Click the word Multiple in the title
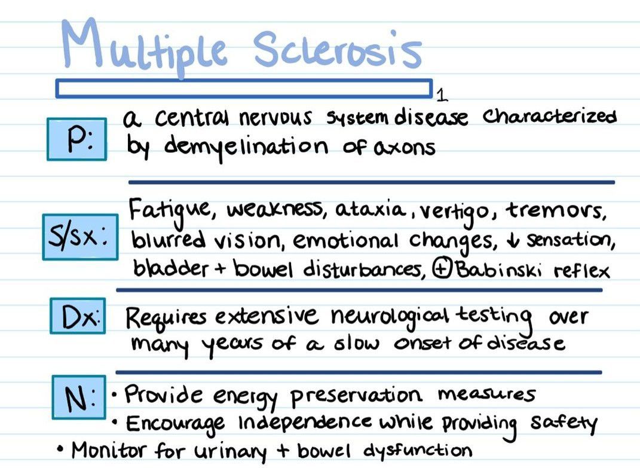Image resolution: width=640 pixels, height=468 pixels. [x=143, y=47]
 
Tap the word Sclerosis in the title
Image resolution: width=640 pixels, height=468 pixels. [x=337, y=48]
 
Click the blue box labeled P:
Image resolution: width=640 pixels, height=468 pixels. [x=76, y=139]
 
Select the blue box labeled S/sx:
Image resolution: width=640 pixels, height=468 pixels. [x=80, y=237]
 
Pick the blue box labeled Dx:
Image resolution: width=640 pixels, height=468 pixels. [x=78, y=316]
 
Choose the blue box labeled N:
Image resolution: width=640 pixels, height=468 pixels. [x=79, y=397]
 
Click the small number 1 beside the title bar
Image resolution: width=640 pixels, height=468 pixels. [x=442, y=95]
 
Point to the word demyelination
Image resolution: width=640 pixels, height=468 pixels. [x=246, y=147]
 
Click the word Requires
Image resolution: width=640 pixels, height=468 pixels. [x=166, y=317]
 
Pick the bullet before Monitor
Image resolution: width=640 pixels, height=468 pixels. [x=61, y=449]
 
